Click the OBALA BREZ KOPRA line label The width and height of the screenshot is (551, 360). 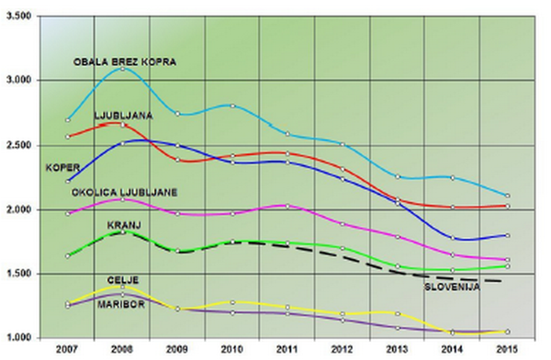pos(125,62)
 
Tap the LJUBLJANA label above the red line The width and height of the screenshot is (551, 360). pos(123,116)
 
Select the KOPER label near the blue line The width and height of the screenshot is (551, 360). pos(62,168)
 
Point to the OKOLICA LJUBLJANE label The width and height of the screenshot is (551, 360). pos(124,193)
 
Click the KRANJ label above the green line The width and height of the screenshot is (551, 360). pos(124,225)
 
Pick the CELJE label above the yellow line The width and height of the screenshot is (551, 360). pos(123,280)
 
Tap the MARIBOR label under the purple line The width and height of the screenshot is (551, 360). pos(121,305)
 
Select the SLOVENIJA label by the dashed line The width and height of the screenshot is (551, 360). pos(452,287)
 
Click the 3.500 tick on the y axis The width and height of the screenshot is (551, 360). pos(19,16)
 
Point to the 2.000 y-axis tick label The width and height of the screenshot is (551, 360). pos(19,209)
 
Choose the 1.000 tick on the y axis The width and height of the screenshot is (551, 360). pos(19,338)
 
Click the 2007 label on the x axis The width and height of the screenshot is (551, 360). pos(67,350)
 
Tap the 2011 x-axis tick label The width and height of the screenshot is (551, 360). pos(287,350)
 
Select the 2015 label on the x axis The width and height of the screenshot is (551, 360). pos(507,350)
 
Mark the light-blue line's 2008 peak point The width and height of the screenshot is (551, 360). pos(123,69)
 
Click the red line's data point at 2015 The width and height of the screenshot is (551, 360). pos(508,207)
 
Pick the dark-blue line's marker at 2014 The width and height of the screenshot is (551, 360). pos(453,239)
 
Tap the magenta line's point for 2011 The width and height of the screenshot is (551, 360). pos(287,207)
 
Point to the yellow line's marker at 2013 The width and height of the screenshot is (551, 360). pos(398,313)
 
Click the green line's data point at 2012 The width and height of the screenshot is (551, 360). pos(343,248)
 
